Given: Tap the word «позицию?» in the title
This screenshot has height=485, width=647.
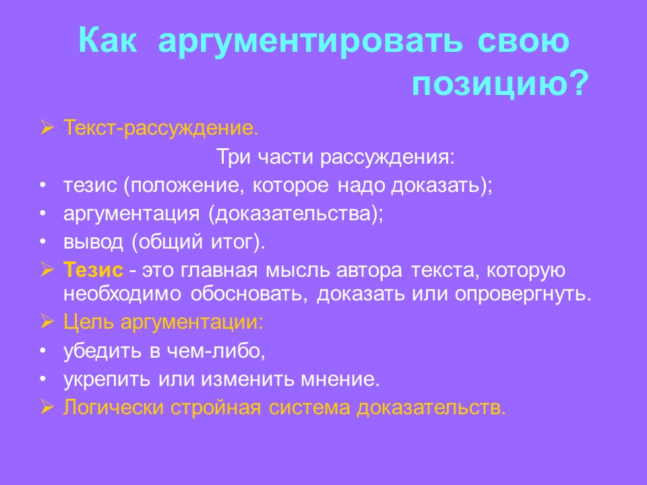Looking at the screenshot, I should coord(499,84).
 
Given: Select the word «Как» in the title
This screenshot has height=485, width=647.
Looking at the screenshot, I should coord(109,42).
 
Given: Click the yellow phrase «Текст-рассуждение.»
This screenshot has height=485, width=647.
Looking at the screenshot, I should coord(161,128).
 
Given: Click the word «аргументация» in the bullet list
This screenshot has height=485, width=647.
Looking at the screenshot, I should coord(132,214).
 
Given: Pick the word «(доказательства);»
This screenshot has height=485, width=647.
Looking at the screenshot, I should coord(296,214).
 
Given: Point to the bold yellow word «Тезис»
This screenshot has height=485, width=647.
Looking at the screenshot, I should coord(94,271).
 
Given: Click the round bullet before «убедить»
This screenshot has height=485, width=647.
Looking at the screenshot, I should coord(43,351).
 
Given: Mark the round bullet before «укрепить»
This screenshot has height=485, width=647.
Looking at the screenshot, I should coord(43,379).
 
